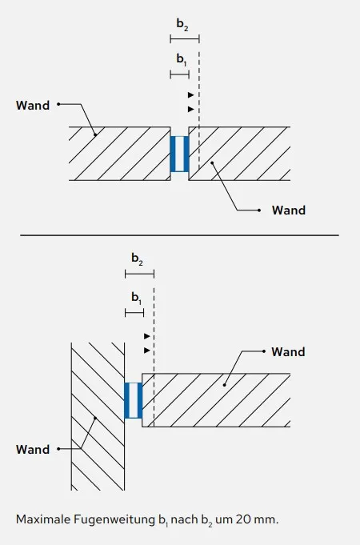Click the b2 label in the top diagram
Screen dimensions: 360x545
tap(182, 25)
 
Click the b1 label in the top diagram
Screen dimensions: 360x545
tap(182, 59)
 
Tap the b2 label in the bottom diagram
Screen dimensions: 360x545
tap(137, 259)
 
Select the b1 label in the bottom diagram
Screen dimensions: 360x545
tap(136, 299)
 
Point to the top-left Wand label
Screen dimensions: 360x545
tap(33, 106)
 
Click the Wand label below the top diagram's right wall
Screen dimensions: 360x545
tap(289, 210)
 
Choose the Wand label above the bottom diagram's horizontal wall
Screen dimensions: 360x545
tap(288, 352)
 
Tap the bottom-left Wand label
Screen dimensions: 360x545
tap(33, 450)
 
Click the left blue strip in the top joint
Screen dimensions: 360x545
tap(173, 154)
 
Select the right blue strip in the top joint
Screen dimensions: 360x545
tap(186, 154)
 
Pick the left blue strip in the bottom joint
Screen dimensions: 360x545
tap(127, 400)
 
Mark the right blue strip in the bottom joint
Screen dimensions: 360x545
tap(140, 400)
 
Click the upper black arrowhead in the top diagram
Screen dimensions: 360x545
tap(190, 95)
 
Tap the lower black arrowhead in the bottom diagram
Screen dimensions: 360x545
tap(147, 351)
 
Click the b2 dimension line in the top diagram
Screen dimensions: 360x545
tap(185, 38)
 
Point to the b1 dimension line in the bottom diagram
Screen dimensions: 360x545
tap(134, 313)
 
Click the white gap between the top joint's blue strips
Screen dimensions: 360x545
tap(180, 154)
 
